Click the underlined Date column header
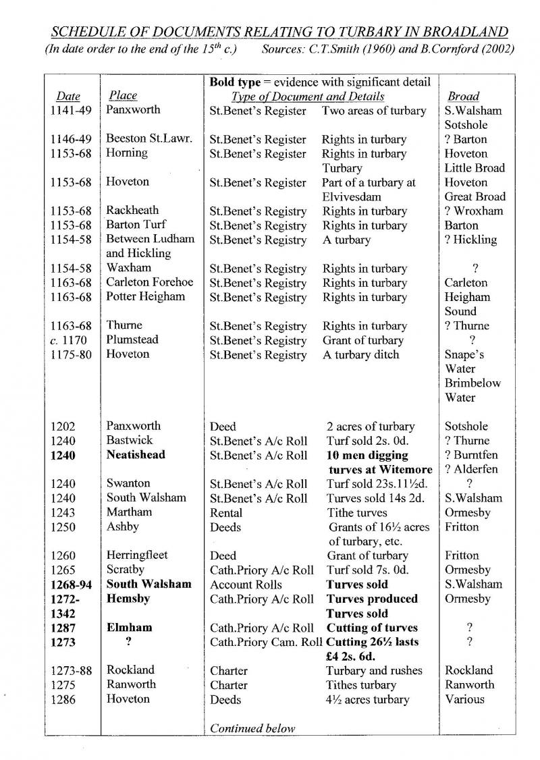pos(68,97)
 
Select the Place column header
pos(122,96)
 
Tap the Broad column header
pos(464,97)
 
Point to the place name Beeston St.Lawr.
pos(148,139)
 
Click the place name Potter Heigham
pos(145,297)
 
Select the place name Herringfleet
pos(137,555)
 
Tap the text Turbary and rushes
pos(374,670)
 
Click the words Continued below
pos(252,728)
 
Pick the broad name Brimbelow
pos(473,383)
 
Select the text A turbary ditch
pos(360,355)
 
